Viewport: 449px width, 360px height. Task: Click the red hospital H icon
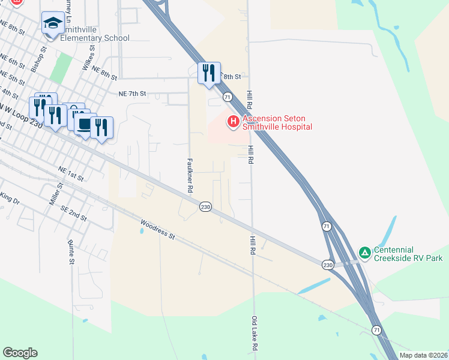point(233,122)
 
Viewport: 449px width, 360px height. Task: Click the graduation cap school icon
point(53,23)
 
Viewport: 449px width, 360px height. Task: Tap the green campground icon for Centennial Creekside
point(364,253)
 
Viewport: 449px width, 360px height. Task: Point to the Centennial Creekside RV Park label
point(408,254)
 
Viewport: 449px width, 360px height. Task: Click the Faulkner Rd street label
point(190,175)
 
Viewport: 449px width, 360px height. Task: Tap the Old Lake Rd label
point(255,334)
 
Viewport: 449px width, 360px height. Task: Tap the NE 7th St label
point(133,94)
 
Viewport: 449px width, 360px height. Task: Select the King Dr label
point(10,197)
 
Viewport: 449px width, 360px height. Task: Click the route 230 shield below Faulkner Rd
point(205,206)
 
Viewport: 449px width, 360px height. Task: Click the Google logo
point(20,353)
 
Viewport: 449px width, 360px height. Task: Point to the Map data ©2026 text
point(423,355)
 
